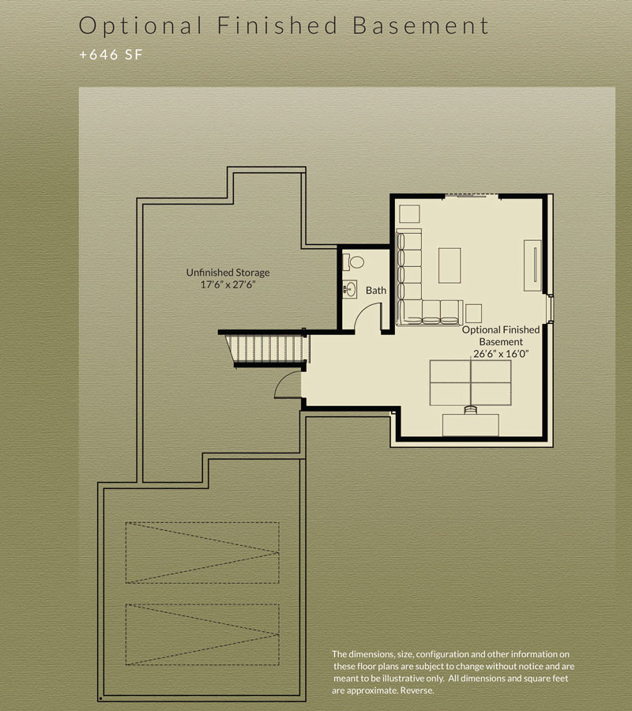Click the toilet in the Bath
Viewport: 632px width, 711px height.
click(353, 261)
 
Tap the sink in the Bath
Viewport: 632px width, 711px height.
click(349, 289)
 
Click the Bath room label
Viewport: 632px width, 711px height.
click(376, 290)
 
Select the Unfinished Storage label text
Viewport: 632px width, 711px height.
click(228, 273)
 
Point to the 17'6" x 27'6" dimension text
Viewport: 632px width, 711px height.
click(228, 284)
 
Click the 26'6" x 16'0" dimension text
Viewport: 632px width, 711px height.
click(501, 354)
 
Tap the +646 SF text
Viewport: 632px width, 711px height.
click(111, 55)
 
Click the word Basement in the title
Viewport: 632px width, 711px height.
click(421, 25)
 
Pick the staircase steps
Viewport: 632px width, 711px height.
click(268, 348)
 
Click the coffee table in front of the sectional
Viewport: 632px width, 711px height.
click(450, 265)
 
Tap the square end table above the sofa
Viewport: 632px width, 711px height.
click(409, 214)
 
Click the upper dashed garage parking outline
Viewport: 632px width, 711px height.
click(202, 553)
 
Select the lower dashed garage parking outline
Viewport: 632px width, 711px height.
click(202, 634)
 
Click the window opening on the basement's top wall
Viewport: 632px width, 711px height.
click(472, 195)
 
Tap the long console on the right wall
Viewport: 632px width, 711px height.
click(532, 265)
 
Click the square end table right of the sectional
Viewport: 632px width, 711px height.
click(473, 314)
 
